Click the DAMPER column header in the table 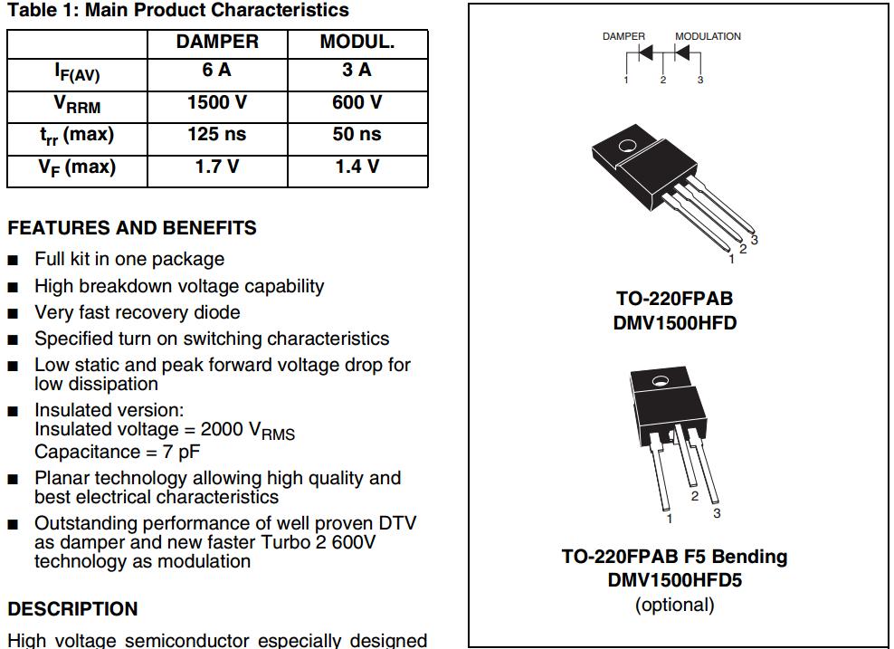(217, 43)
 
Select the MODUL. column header (357, 43)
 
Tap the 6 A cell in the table (217, 71)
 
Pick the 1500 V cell (217, 102)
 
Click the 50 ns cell (357, 135)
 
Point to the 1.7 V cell (217, 167)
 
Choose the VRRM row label (77, 103)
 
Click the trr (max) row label (77, 136)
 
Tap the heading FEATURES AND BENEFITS (132, 228)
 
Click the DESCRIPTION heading (73, 609)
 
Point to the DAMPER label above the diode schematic (623, 36)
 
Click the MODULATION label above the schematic (708, 36)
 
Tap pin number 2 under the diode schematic (663, 81)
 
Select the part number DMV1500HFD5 (674, 580)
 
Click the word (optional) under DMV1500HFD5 (674, 605)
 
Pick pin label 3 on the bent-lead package (717, 513)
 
